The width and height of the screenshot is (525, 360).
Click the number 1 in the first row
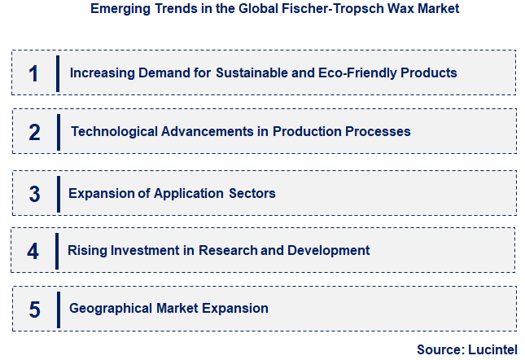[x=33, y=73]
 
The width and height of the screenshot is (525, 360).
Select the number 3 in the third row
[x=34, y=194]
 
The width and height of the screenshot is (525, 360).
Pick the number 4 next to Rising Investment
[x=33, y=251]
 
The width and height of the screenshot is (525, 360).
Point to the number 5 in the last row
[x=34, y=310]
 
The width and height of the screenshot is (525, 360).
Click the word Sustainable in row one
[x=251, y=72]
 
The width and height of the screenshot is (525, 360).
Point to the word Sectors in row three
[x=252, y=193]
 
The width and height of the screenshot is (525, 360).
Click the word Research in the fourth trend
[x=228, y=250]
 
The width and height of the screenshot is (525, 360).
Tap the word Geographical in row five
[x=110, y=309]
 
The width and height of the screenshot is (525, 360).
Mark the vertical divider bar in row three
[x=58, y=194]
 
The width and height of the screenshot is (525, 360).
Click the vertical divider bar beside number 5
[x=58, y=310]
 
